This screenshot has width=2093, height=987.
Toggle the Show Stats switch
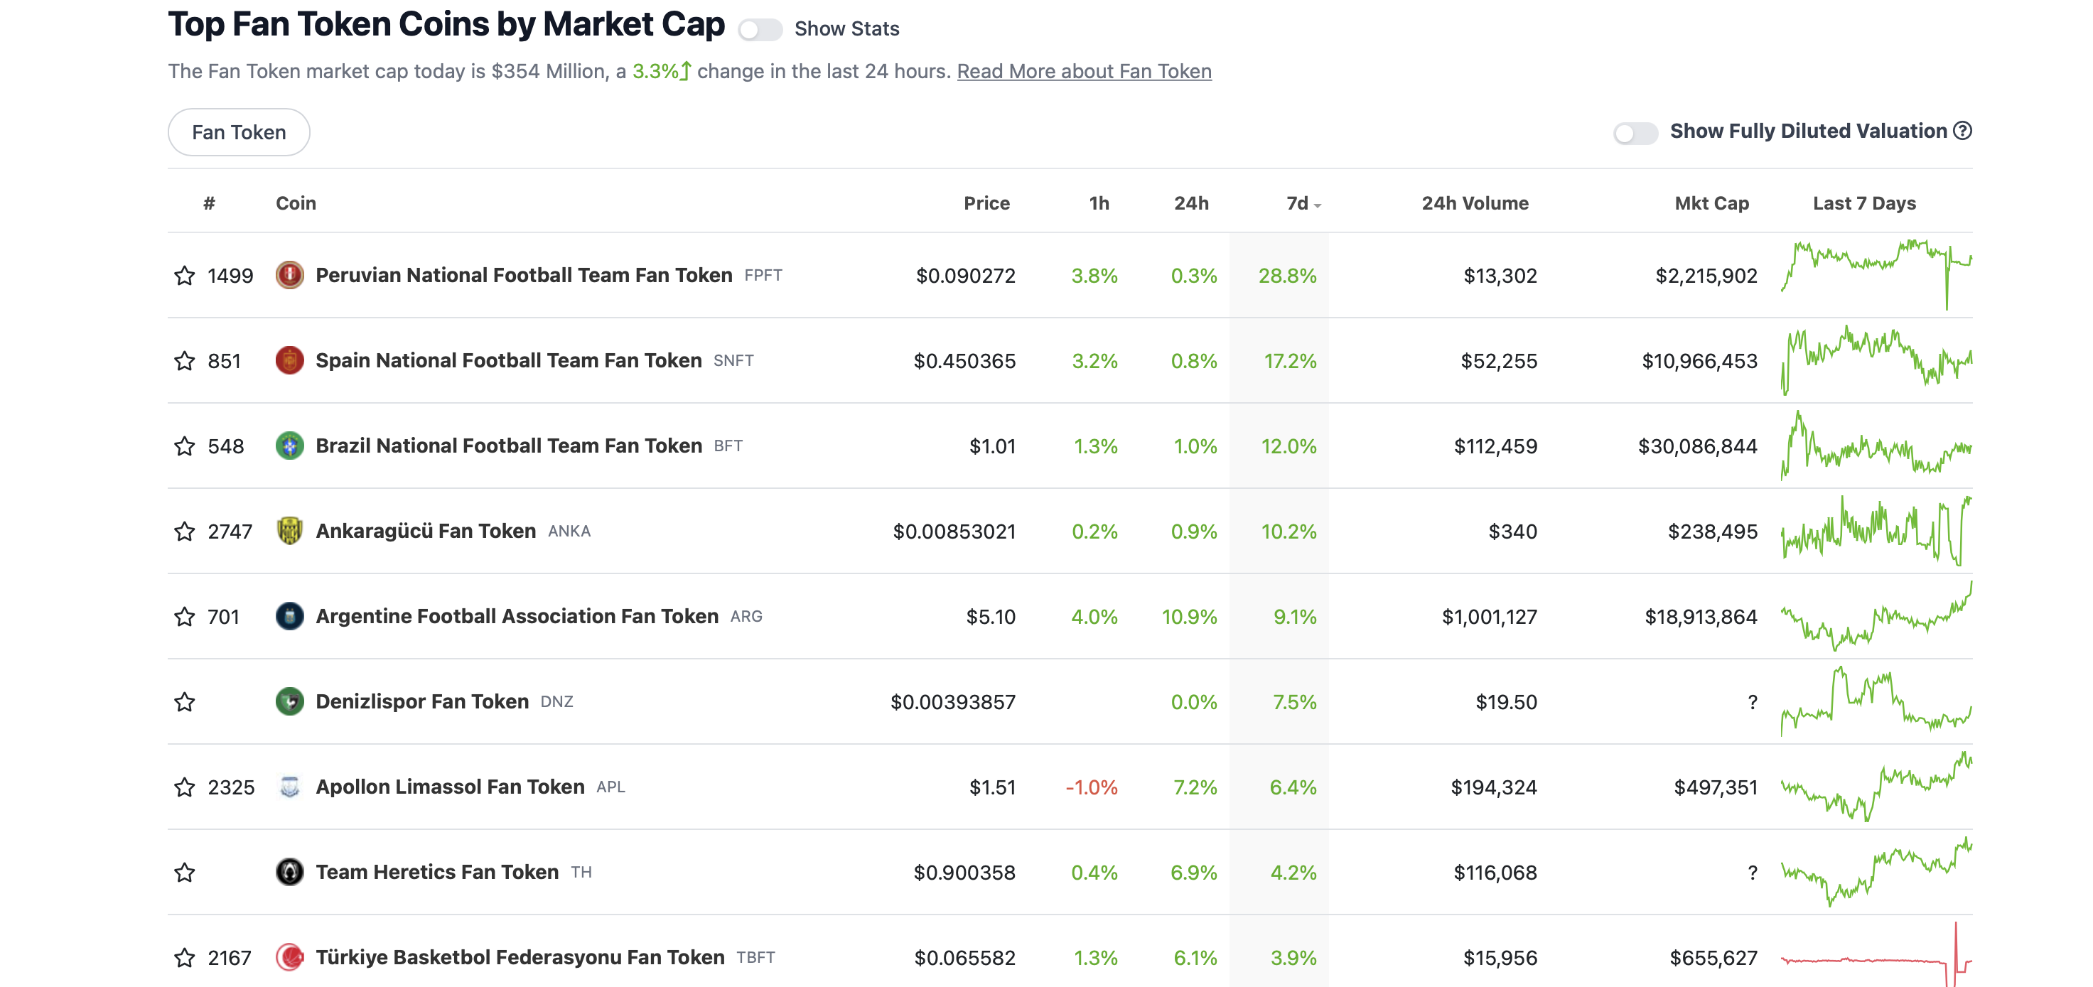click(x=760, y=30)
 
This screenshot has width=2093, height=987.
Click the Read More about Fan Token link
click(x=1084, y=72)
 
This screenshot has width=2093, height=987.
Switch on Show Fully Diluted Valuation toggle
click(x=1635, y=132)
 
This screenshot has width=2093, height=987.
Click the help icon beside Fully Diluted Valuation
click(x=1962, y=131)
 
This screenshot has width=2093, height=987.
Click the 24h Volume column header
click(x=1475, y=203)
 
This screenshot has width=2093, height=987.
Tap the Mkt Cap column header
click(x=1711, y=203)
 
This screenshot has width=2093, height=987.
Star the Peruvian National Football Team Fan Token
click(x=185, y=276)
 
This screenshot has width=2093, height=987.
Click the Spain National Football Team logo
click(x=289, y=360)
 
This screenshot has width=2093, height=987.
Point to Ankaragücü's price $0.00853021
click(x=954, y=532)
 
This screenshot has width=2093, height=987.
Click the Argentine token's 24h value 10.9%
click(x=1190, y=617)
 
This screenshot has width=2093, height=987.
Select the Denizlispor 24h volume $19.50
click(x=1507, y=702)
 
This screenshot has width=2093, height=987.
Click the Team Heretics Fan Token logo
click(x=289, y=872)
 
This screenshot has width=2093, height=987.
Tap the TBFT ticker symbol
click(x=755, y=958)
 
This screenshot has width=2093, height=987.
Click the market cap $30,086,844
click(x=1697, y=446)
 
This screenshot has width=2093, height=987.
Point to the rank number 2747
click(x=230, y=532)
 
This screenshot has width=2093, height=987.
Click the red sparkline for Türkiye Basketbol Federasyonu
click(x=1876, y=959)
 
